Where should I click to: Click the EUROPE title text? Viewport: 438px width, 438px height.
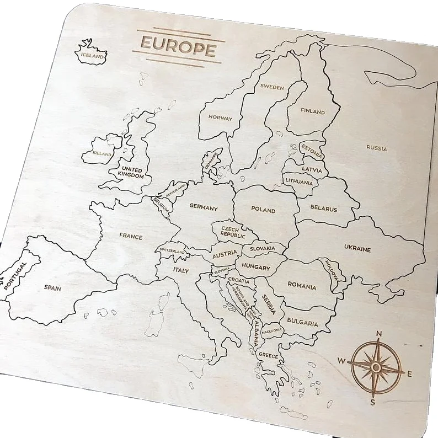[178, 46]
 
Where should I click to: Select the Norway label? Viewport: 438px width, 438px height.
[220, 117]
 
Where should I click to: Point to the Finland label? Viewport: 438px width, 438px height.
[313, 111]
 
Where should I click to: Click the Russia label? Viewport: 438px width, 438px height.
[377, 148]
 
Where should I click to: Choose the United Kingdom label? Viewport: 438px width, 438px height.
[131, 173]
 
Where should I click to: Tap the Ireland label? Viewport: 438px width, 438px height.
[102, 153]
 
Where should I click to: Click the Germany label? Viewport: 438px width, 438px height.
[204, 208]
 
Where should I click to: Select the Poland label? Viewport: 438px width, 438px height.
[263, 210]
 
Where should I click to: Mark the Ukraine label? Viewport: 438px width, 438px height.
[357, 249]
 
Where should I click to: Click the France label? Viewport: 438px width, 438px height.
[131, 237]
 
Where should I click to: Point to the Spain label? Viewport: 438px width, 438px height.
[53, 287]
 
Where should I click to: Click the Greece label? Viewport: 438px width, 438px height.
[269, 356]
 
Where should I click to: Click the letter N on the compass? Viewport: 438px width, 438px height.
[379, 334]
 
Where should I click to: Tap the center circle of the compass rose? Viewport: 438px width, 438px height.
[376, 367]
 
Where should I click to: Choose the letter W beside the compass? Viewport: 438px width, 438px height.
[341, 361]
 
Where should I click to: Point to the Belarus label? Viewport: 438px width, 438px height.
[323, 209]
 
